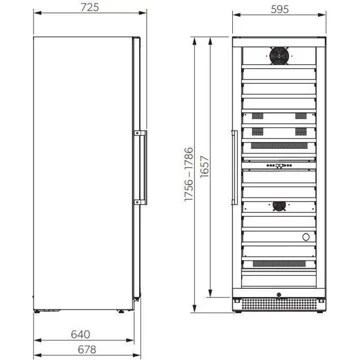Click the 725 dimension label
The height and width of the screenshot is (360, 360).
point(90,7)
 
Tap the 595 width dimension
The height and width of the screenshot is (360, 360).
point(280,10)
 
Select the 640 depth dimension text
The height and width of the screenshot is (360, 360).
point(81,334)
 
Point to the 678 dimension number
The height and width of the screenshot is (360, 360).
point(87,349)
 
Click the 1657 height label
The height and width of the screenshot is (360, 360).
point(204,167)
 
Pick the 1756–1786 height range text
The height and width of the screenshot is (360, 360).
point(189,174)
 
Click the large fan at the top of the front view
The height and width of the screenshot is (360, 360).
point(279,56)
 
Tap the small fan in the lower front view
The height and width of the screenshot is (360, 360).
point(279,206)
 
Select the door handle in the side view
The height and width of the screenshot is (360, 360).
point(141,167)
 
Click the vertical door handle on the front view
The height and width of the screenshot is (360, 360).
point(234,167)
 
